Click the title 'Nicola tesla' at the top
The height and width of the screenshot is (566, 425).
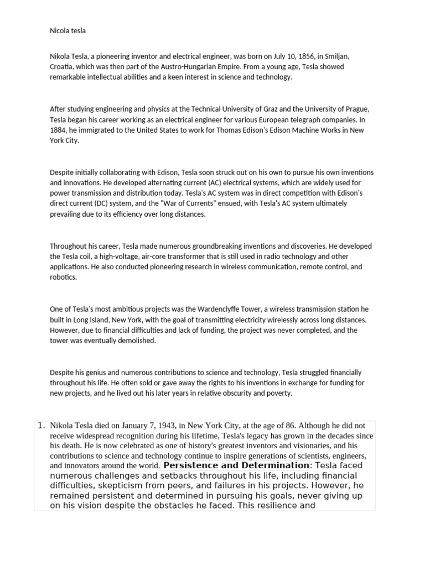coord(68,31)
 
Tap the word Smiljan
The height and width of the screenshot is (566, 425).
coord(336,57)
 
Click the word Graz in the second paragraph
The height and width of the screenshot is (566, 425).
coord(258,109)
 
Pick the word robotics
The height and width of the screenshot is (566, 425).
coord(63,277)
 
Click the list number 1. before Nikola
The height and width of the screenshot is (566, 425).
coord(41,426)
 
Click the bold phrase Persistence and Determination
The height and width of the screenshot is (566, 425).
coord(236,465)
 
